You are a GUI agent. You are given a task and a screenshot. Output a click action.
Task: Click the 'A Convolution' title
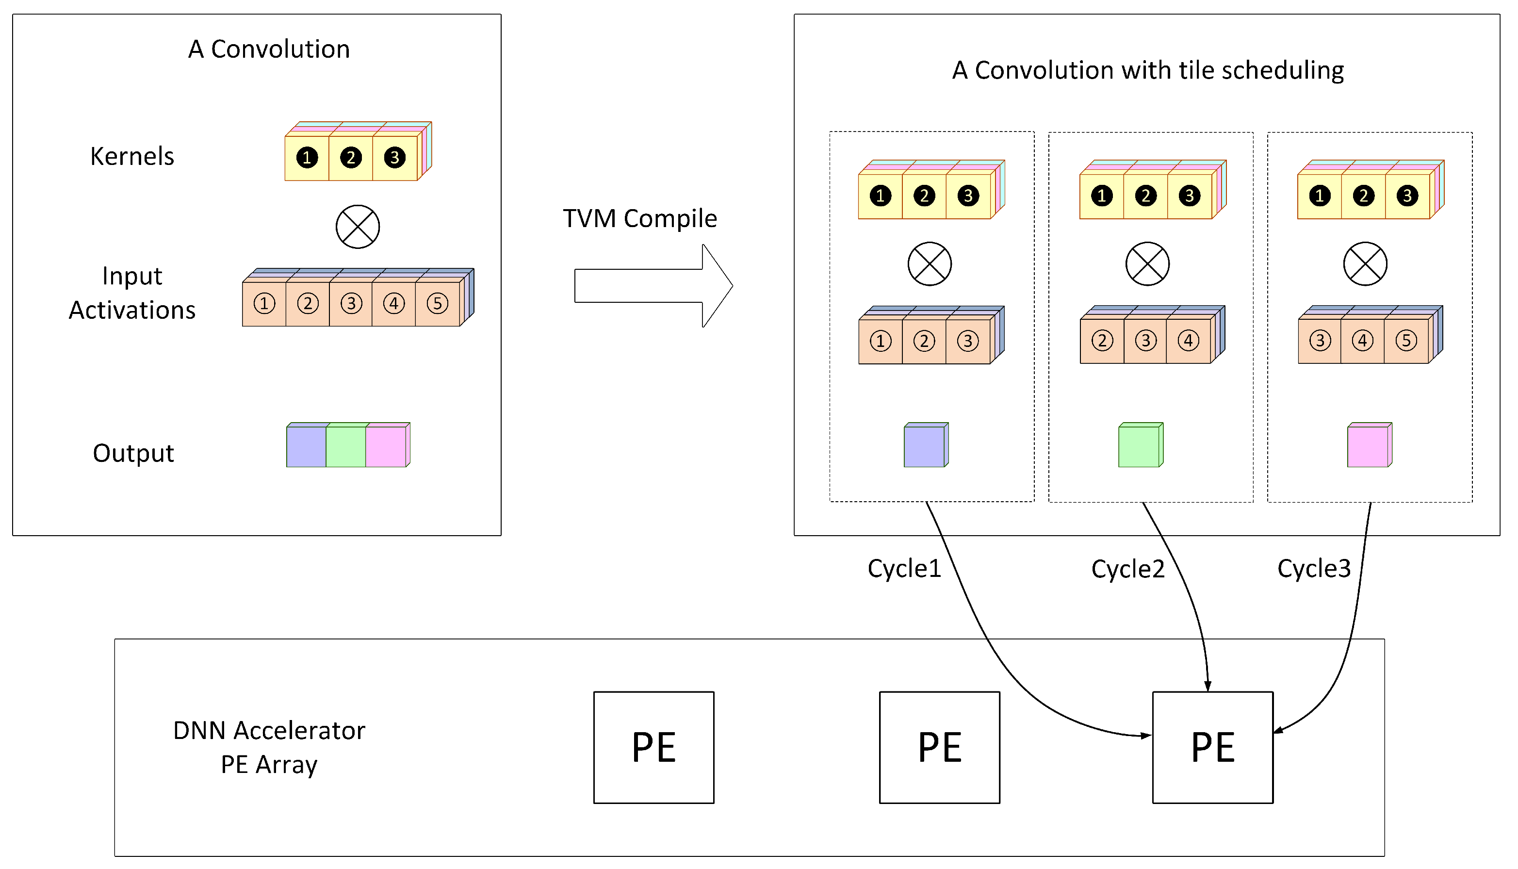(x=269, y=49)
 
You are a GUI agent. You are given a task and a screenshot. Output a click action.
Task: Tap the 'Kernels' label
(x=132, y=156)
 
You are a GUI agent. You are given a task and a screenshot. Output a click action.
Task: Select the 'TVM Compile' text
(x=640, y=218)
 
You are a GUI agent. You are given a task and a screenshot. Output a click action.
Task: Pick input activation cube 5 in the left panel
(x=438, y=304)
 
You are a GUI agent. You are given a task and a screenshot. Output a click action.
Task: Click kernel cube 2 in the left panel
(x=351, y=158)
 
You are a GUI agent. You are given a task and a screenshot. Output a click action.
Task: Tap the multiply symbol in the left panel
(x=358, y=227)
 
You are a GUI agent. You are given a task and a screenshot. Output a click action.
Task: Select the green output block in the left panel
(x=345, y=446)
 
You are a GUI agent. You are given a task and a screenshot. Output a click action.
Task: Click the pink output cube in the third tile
(x=1368, y=446)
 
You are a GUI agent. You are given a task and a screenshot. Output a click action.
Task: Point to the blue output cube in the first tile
(x=924, y=446)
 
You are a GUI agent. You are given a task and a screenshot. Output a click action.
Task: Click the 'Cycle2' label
(x=1128, y=569)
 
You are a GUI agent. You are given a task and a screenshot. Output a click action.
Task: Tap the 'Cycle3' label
(x=1314, y=569)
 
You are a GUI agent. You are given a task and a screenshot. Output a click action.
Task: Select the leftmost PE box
(x=653, y=747)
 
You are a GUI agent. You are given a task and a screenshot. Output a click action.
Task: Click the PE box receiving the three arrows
(x=1212, y=747)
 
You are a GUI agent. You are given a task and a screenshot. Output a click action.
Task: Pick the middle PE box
(x=939, y=747)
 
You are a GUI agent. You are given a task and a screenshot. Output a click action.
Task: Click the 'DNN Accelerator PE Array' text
(x=269, y=747)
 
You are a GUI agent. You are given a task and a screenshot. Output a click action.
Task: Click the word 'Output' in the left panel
(x=133, y=454)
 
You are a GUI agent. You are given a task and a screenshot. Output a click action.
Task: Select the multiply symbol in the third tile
(x=1365, y=264)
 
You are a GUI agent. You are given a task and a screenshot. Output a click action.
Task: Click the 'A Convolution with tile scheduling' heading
(x=1147, y=70)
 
